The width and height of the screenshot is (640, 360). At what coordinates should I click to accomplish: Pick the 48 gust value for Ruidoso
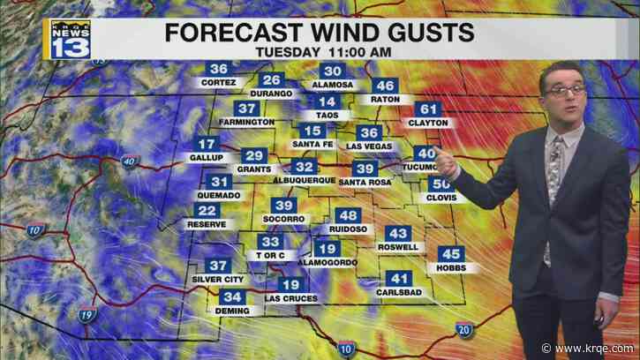pyautogui.click(x=349, y=216)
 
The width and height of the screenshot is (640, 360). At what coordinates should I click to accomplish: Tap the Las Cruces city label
pyautogui.click(x=290, y=298)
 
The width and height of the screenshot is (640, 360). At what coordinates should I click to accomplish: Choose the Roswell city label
pyautogui.click(x=398, y=247)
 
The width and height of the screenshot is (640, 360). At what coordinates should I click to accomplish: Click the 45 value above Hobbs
pyautogui.click(x=451, y=254)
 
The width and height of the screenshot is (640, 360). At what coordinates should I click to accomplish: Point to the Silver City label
pyautogui.click(x=217, y=279)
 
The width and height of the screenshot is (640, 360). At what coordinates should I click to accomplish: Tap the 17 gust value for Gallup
pyautogui.click(x=207, y=145)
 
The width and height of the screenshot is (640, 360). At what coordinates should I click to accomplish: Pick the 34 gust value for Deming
pyautogui.click(x=233, y=296)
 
